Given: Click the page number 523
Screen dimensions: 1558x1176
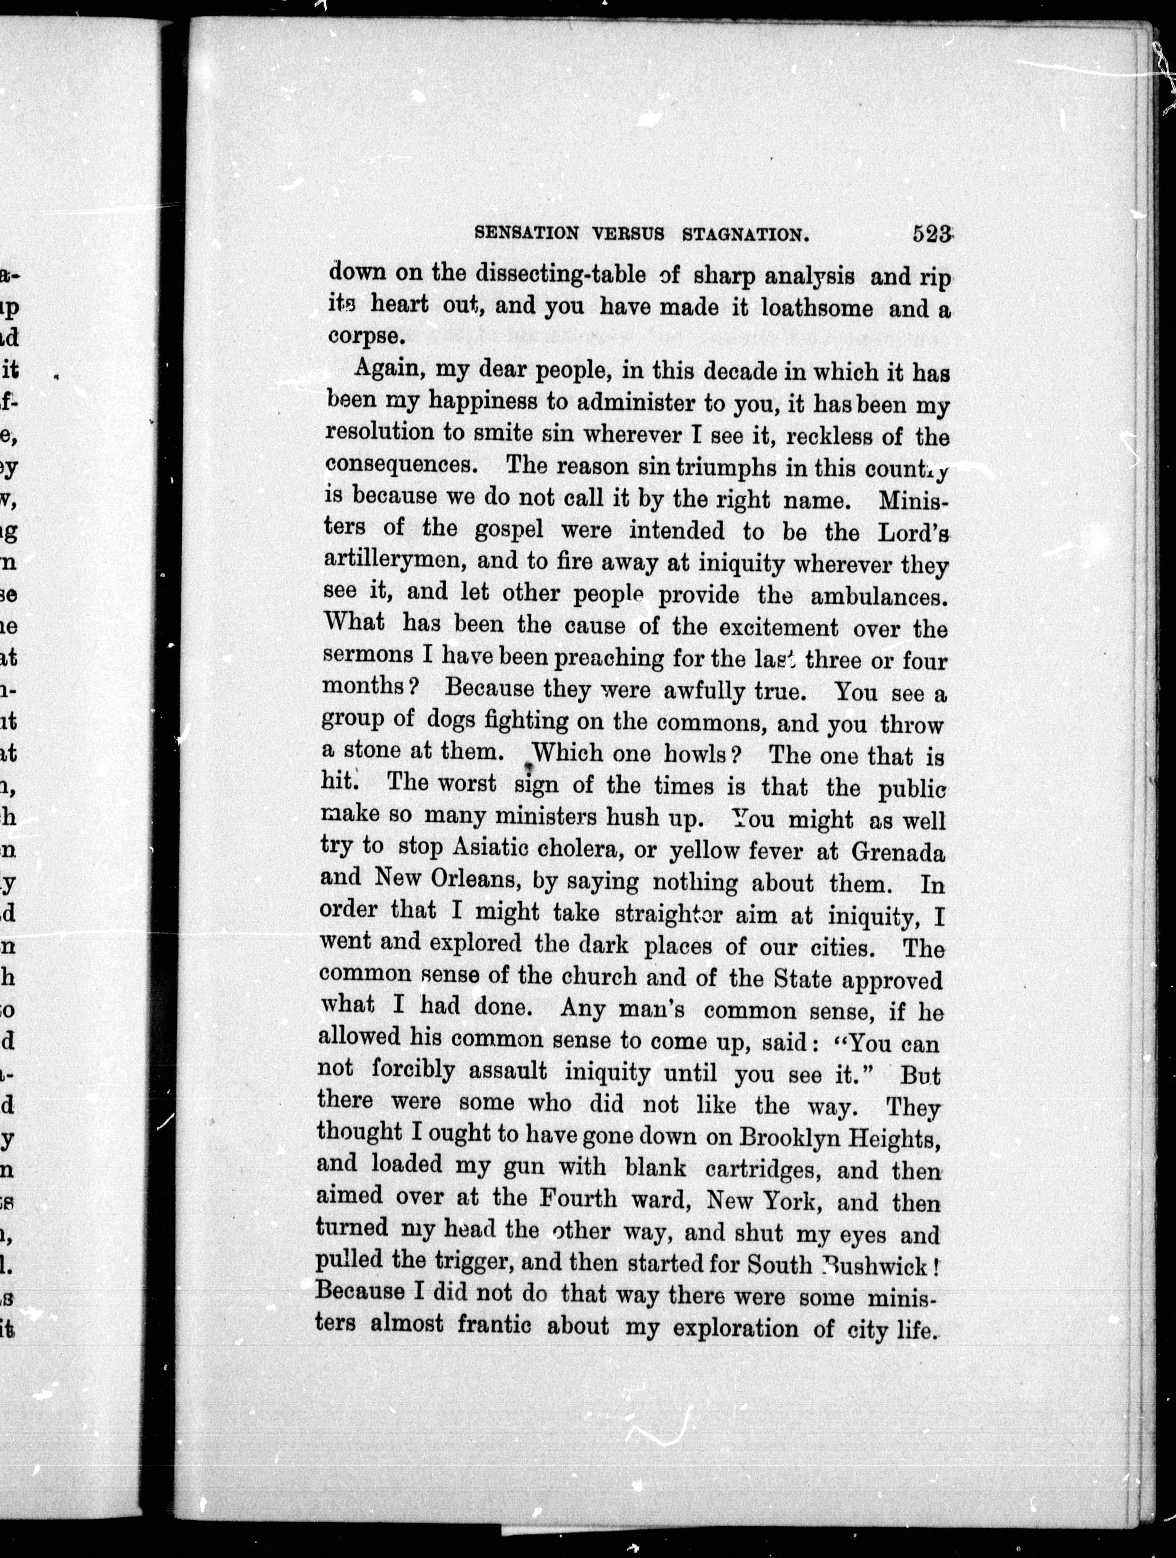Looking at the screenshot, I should [x=932, y=234].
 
